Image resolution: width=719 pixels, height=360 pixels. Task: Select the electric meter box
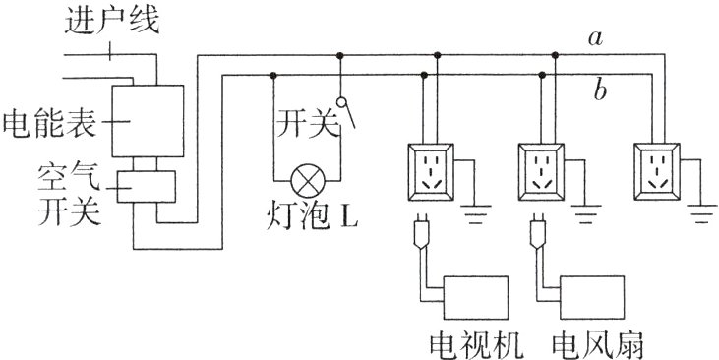[147, 120]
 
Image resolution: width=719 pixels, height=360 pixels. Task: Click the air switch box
[147, 187]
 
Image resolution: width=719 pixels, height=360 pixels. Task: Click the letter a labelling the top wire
[594, 37]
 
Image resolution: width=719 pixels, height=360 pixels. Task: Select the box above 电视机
[477, 295]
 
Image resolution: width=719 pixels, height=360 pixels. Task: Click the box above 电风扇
[591, 295]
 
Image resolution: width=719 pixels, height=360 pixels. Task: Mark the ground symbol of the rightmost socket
[701, 209]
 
